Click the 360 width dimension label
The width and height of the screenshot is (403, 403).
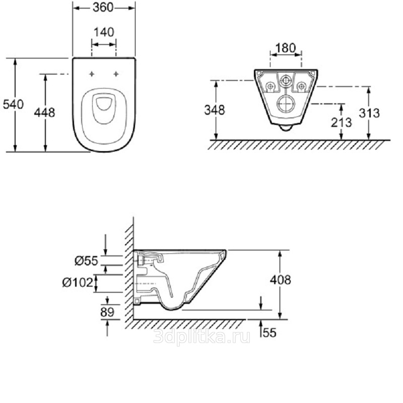pyautogui.click(x=103, y=8)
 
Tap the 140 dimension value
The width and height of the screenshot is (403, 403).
pyautogui.click(x=104, y=32)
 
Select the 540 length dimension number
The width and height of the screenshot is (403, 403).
pyautogui.click(x=13, y=104)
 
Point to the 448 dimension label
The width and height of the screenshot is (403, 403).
pyautogui.click(x=45, y=112)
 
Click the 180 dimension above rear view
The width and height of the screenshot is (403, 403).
pyautogui.click(x=286, y=48)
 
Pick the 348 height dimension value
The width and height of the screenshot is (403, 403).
pyautogui.click(x=215, y=110)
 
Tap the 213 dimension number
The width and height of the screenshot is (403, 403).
pyautogui.click(x=342, y=122)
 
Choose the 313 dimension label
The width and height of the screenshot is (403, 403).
pyautogui.click(x=369, y=113)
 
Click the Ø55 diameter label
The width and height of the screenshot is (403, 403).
pyautogui.click(x=86, y=261)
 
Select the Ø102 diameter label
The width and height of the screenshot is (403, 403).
pyautogui.click(x=78, y=283)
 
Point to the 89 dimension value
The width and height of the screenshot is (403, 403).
pyautogui.click(x=107, y=312)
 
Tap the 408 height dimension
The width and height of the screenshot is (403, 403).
pyautogui.click(x=281, y=280)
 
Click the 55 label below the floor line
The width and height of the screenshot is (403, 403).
pyautogui.click(x=270, y=332)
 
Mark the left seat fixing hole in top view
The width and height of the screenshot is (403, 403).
pyautogui.click(x=92, y=74)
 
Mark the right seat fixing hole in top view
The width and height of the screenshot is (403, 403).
pyautogui.click(x=116, y=74)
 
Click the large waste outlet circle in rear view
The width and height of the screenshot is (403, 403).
pyautogui.click(x=286, y=104)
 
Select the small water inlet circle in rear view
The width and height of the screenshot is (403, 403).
pyautogui.click(x=286, y=81)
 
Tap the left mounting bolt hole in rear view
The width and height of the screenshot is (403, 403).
pyautogui.click(x=270, y=86)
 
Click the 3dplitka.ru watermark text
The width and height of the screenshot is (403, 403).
pyautogui.click(x=202, y=336)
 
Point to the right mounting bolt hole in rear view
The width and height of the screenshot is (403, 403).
pyautogui.click(x=301, y=86)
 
